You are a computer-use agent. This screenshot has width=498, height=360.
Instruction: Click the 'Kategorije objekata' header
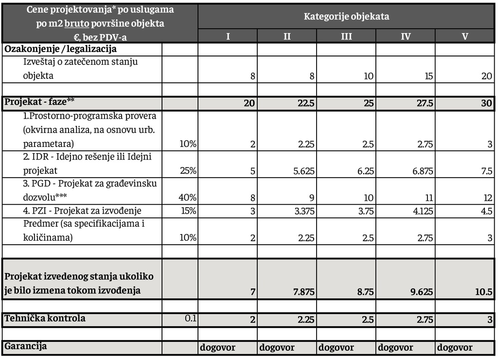click(x=346, y=16)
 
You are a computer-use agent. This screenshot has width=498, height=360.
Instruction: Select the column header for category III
click(x=346, y=36)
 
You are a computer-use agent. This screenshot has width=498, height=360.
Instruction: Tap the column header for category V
click(x=464, y=36)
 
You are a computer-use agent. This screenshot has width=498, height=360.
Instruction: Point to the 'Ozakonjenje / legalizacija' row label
click(x=60, y=49)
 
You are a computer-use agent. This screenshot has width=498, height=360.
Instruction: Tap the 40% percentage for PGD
click(x=188, y=198)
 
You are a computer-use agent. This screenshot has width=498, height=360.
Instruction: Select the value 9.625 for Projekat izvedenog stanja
click(x=420, y=292)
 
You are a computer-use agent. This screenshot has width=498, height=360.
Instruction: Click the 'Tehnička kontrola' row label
click(x=45, y=319)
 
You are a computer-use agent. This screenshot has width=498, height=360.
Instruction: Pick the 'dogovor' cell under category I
click(x=218, y=348)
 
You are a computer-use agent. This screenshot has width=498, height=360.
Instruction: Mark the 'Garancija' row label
click(x=26, y=346)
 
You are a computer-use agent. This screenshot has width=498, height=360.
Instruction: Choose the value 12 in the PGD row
click(x=488, y=198)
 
